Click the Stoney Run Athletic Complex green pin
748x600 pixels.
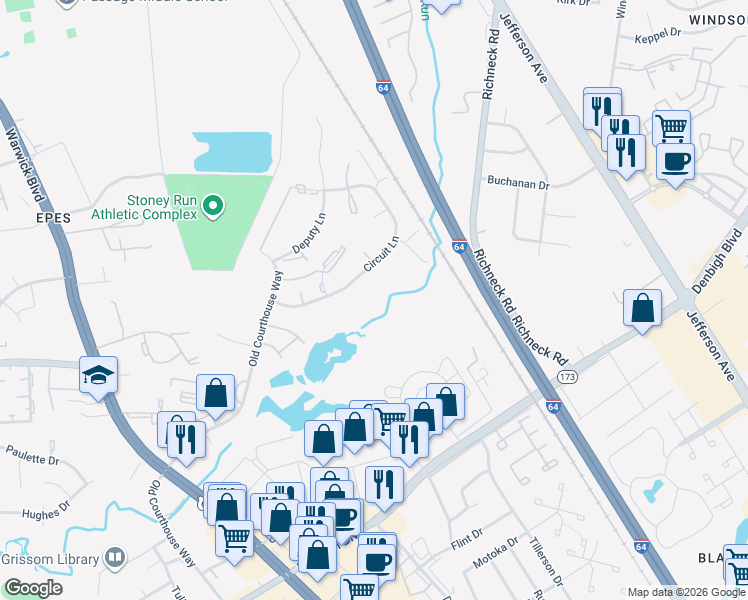pyautogui.click(x=212, y=207)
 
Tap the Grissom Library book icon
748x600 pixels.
pyautogui.click(x=115, y=556)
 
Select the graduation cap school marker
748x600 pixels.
pyautogui.click(x=99, y=374)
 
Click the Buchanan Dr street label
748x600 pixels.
pyautogui.click(x=518, y=185)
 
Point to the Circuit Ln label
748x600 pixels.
pyautogui.click(x=381, y=254)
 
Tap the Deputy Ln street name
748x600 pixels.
pyautogui.click(x=309, y=233)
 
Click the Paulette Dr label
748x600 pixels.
pyautogui.click(x=33, y=458)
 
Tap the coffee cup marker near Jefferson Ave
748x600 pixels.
pyautogui.click(x=675, y=160)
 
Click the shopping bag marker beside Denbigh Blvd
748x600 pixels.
pyautogui.click(x=643, y=307)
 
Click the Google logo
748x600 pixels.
pyautogui.click(x=33, y=588)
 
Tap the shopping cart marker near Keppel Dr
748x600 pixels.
pyautogui.click(x=671, y=127)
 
